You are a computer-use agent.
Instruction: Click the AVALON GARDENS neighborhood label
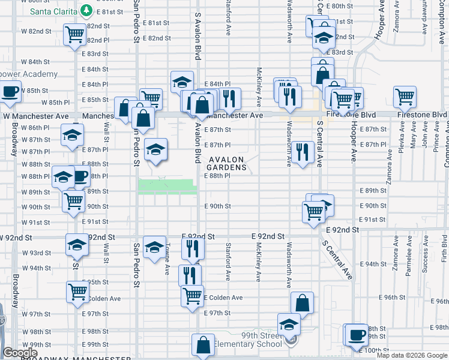[x=228, y=163]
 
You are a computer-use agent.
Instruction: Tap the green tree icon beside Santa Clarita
[x=86, y=10]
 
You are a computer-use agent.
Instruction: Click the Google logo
[x=20, y=353]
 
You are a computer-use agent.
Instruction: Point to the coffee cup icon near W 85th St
[x=10, y=91]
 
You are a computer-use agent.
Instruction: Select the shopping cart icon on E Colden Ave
[x=193, y=295]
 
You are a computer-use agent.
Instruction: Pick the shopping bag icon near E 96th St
[x=303, y=302]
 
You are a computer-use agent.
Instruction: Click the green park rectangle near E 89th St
[x=167, y=187]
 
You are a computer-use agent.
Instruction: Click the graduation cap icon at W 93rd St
[x=76, y=245]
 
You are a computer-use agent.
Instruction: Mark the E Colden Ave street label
[x=224, y=298]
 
